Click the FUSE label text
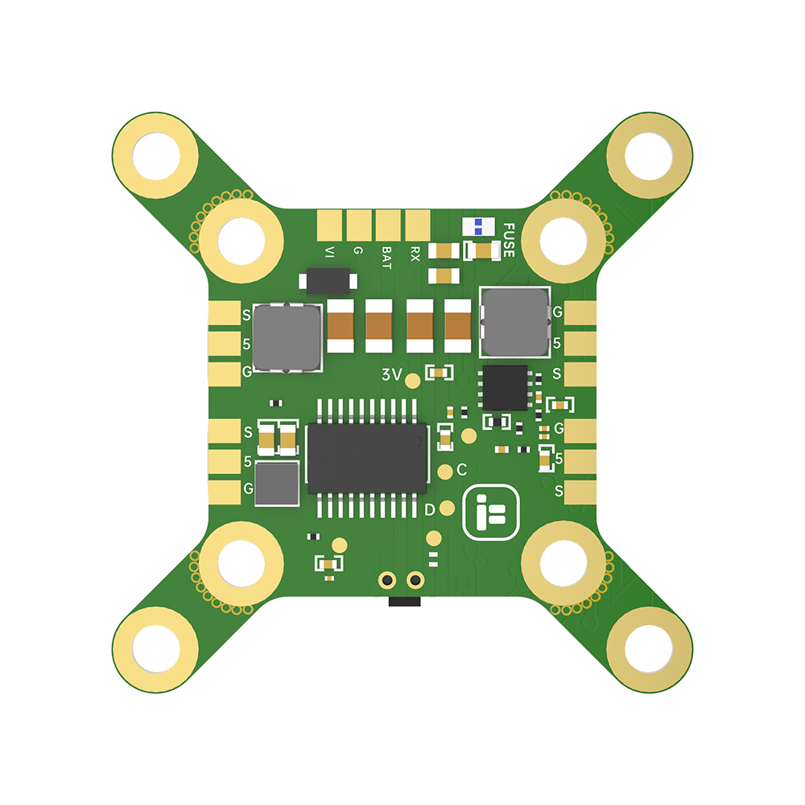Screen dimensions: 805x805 (x=508, y=239)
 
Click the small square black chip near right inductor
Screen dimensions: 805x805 (x=504, y=387)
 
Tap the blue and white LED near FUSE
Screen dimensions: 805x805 (x=478, y=227)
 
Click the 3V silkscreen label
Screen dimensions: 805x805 (x=391, y=375)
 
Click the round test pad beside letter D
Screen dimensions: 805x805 (x=448, y=508)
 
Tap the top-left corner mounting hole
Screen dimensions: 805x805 (x=155, y=155)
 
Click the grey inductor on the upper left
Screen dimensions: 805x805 (x=287, y=337)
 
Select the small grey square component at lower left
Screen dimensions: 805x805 (x=277, y=484)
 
